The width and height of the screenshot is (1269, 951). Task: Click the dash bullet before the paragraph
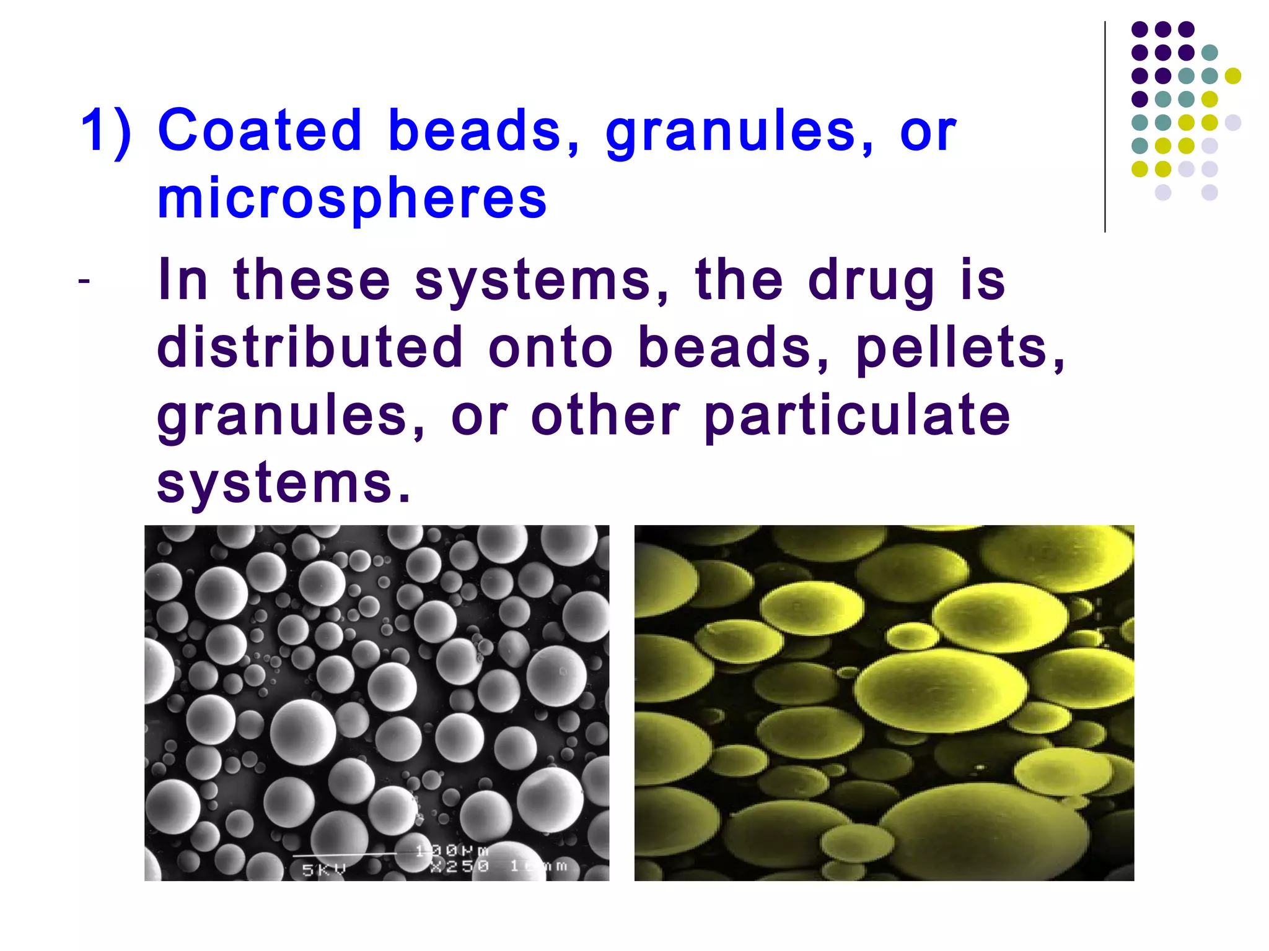point(84,281)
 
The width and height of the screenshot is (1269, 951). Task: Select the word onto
point(550,348)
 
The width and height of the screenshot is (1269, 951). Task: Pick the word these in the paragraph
point(312,280)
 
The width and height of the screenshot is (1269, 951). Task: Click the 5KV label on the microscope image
point(323,869)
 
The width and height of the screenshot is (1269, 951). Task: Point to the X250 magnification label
point(460,866)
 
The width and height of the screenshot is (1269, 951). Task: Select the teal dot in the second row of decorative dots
point(1210,53)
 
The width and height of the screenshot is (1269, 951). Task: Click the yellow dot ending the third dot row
point(1232,76)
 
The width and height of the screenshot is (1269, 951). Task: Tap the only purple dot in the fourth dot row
point(1139,99)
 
